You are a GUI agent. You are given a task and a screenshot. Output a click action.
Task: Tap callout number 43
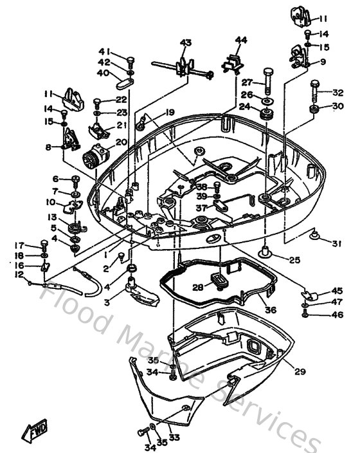coord(186,43)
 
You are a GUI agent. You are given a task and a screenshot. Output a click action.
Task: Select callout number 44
coord(240,40)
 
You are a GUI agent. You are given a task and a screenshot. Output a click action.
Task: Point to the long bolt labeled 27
coord(265,82)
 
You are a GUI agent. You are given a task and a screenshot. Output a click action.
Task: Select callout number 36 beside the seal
coord(271,310)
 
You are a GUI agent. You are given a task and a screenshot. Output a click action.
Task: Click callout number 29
coord(300,371)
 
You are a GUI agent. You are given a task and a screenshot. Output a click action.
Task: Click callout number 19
coord(170,113)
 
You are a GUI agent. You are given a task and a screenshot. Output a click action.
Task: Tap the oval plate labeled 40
coord(125,82)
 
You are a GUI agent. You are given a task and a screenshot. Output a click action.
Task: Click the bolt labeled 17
coord(44,245)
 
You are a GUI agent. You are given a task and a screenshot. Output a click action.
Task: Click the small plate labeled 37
coord(219,208)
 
